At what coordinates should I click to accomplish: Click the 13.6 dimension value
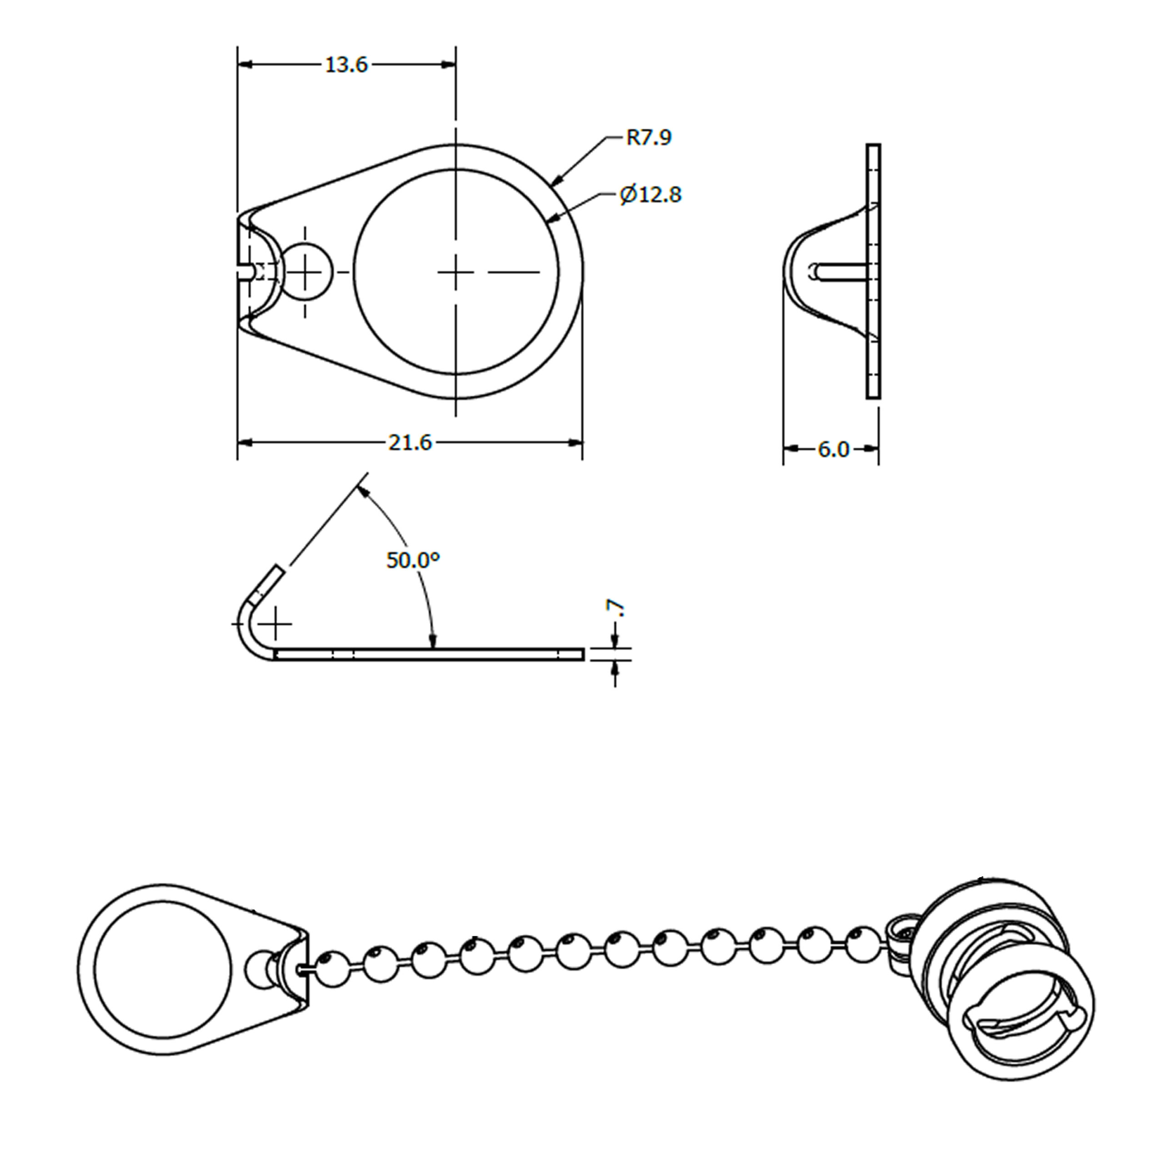346,65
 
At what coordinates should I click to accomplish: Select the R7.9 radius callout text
648,137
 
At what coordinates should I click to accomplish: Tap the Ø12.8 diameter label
651,195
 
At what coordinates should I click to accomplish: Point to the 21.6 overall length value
410,443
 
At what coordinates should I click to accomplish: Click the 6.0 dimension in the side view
833,449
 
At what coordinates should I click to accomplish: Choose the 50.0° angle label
413,560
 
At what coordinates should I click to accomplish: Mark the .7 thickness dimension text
617,608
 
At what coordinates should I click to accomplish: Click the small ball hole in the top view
307,272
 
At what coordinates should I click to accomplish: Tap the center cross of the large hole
456,272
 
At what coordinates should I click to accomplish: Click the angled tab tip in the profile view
271,578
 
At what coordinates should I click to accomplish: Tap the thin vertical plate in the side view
873,271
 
